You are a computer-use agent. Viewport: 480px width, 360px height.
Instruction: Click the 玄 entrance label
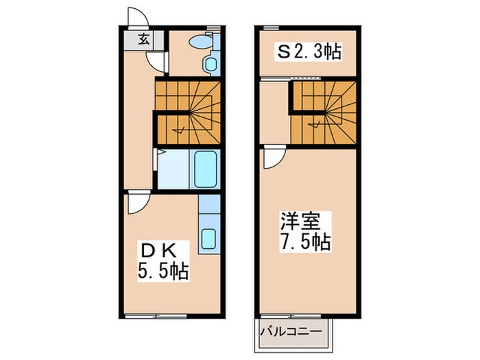coord(145,39)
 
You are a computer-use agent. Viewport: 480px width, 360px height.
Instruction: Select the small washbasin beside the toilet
coord(209,65)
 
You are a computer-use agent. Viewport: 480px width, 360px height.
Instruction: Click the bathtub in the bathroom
coord(206,170)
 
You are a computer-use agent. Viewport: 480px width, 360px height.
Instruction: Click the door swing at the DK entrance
coord(138,202)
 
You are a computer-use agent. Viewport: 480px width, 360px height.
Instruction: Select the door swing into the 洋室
coord(273,158)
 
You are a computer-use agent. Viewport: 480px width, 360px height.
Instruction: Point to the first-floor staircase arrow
coord(180,128)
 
